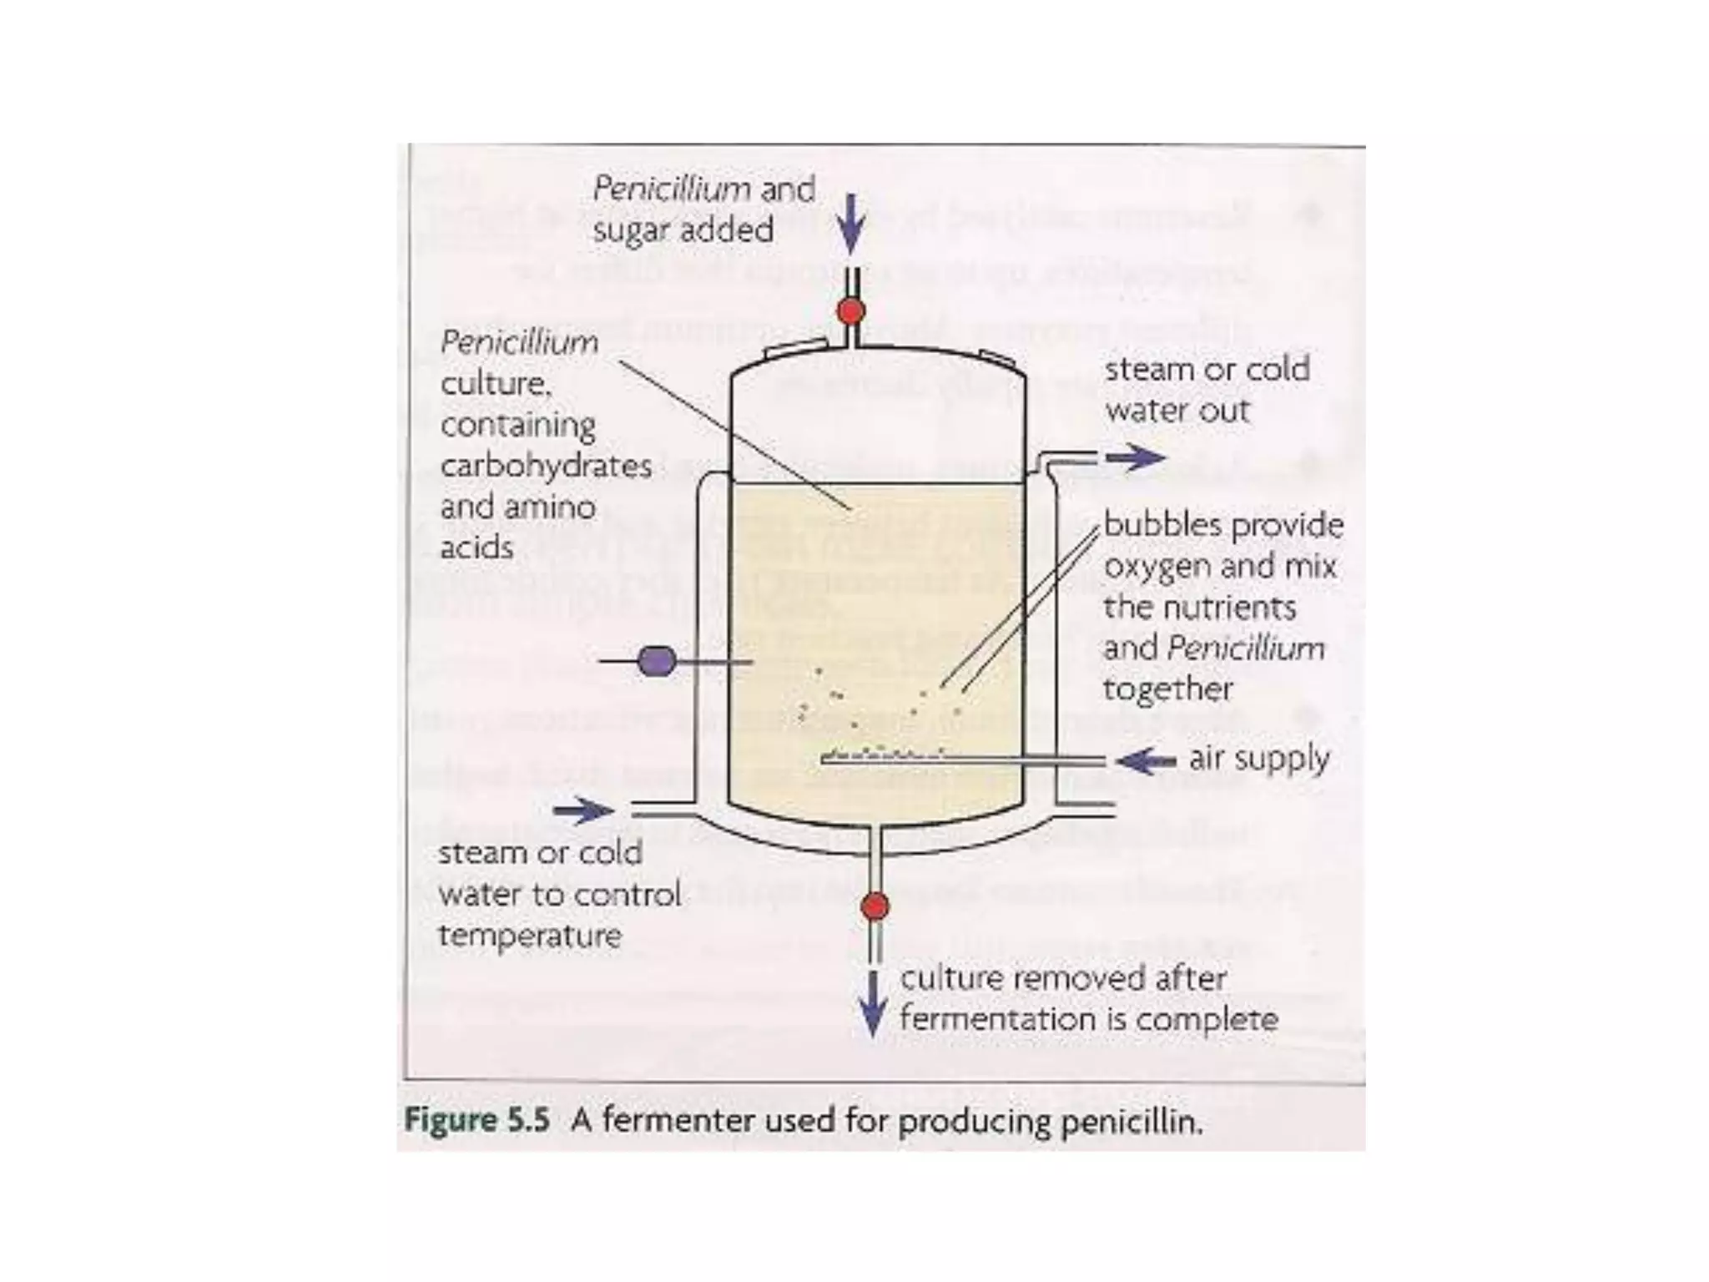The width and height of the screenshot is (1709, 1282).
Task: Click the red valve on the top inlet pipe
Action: coord(850,311)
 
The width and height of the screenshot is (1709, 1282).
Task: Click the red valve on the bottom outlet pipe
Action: coord(874,906)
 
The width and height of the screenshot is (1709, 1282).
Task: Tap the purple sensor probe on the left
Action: coord(657,662)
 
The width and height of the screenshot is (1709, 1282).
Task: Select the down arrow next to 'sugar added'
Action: coord(850,224)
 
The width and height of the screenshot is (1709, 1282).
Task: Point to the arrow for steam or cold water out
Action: coord(1136,457)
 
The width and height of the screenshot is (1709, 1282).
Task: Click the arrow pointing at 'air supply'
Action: coord(1146,760)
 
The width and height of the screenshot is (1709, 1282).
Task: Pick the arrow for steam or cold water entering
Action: coord(582,810)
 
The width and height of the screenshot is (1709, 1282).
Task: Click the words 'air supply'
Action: coord(1258,759)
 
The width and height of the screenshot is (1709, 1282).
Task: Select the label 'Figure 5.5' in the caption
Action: coord(476,1120)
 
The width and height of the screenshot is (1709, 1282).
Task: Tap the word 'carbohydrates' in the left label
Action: coord(546,466)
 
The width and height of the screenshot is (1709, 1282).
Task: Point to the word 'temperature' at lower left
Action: coord(530,936)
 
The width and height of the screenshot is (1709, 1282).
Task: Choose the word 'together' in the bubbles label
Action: coord(1167,689)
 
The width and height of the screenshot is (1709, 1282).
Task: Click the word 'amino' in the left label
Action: coord(554,507)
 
